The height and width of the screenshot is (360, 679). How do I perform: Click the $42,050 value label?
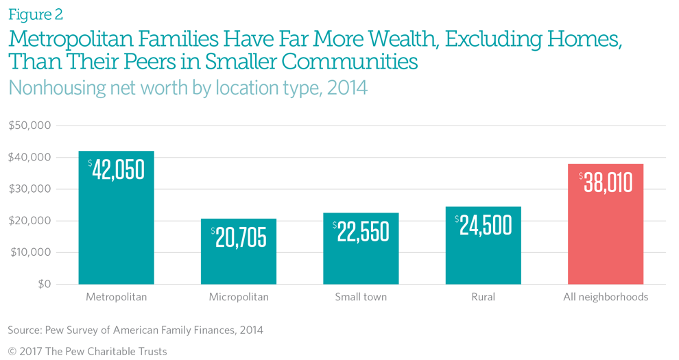click(x=116, y=169)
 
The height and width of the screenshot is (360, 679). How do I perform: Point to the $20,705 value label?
click(x=239, y=237)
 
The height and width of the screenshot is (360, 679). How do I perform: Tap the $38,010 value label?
click(x=606, y=182)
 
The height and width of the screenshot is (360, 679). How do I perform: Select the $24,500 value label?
click(x=483, y=226)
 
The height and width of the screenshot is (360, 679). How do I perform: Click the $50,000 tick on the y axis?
click(x=30, y=125)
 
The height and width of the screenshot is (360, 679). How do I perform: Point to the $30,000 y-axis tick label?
click(x=30, y=189)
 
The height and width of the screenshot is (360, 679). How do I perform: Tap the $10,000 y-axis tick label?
click(x=30, y=252)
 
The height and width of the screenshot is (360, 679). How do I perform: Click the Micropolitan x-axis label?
click(x=239, y=298)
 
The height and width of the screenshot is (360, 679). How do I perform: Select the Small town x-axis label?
click(x=361, y=298)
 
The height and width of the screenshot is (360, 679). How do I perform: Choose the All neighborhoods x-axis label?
click(x=606, y=298)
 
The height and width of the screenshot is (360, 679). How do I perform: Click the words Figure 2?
click(x=36, y=14)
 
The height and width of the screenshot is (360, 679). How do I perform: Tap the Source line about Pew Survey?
click(x=135, y=330)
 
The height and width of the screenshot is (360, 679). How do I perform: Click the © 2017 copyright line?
click(x=87, y=351)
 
